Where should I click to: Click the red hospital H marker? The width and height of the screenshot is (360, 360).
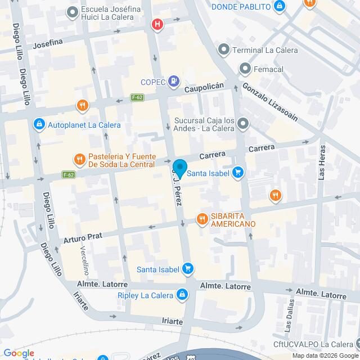pyautogui.click(x=158, y=24)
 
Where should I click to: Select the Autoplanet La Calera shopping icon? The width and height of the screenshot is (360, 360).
pyautogui.click(x=39, y=124)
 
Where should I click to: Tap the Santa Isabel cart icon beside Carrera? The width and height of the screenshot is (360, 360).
pyautogui.click(x=238, y=173)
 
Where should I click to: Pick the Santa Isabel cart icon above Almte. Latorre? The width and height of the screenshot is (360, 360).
pyautogui.click(x=188, y=269)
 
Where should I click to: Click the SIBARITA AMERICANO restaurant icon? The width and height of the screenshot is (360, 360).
pyautogui.click(x=201, y=219)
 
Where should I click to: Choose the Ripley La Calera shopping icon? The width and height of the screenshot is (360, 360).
pyautogui.click(x=182, y=294)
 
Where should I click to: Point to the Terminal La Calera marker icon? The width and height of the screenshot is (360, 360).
pyautogui.click(x=224, y=50)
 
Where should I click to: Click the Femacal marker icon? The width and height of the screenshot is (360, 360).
pyautogui.click(x=245, y=69)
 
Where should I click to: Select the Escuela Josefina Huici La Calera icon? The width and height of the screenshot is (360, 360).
pyautogui.click(x=72, y=11)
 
